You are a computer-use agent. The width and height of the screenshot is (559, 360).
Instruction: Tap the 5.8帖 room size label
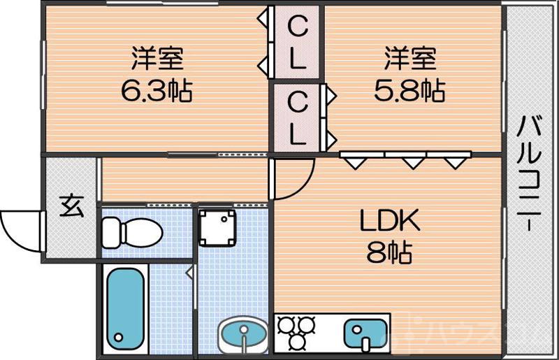410,90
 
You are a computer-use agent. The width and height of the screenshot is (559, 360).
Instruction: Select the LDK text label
390,223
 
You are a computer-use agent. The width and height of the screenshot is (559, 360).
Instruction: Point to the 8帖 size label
389,252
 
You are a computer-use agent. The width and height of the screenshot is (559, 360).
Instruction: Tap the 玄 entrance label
69,208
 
